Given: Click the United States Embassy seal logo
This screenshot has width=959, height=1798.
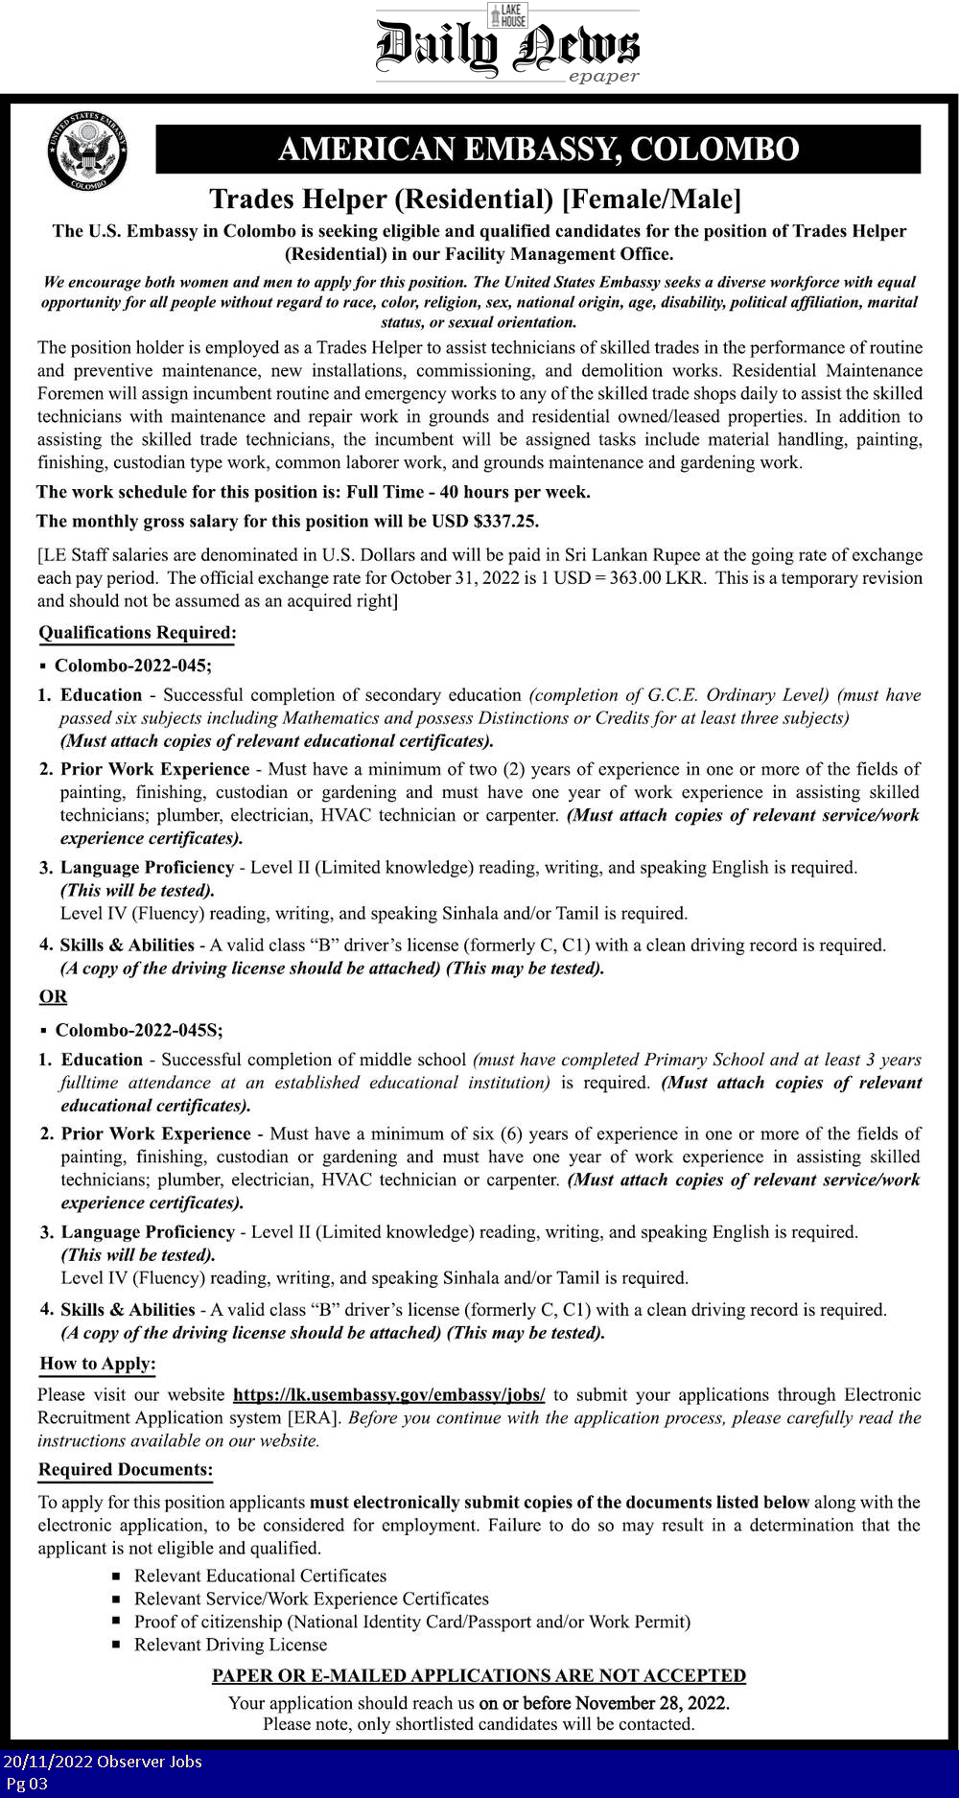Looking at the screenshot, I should tap(87, 151).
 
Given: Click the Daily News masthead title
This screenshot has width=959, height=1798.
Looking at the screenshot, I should tap(506, 48).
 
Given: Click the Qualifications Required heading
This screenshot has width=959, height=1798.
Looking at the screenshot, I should tap(137, 633).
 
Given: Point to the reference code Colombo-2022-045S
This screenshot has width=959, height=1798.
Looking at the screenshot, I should tap(138, 1030).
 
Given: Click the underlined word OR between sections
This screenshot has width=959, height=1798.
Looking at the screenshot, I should tap(54, 996).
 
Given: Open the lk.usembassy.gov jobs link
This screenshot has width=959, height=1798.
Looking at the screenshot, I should tap(388, 1395).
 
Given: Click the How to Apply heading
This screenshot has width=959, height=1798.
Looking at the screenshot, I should tap(98, 1364).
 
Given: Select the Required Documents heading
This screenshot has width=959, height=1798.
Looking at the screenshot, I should tap(125, 1470).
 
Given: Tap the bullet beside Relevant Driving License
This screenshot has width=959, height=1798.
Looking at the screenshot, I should tap(116, 1646).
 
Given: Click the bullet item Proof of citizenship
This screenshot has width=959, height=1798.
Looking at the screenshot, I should tap(412, 1622).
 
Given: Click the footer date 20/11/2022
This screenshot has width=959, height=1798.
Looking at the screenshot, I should tap(46, 1762).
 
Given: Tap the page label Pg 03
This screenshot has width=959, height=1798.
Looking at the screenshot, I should tap(27, 1784).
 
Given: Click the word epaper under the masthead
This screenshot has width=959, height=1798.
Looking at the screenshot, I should tap(603, 77).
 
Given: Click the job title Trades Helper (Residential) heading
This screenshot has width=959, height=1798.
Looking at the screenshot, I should tap(476, 199).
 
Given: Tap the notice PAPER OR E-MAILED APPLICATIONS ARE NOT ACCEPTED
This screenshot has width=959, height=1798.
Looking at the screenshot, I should tap(479, 1675).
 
